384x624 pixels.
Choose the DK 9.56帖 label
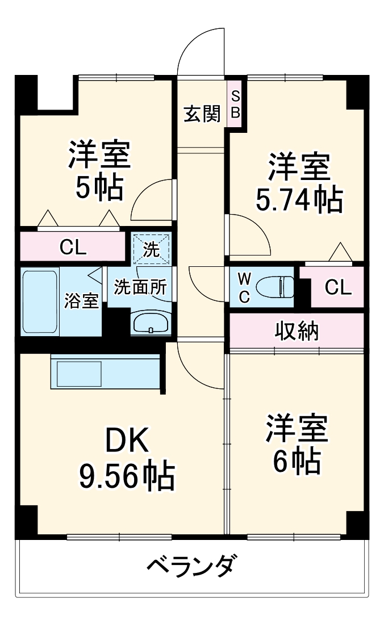(126, 460)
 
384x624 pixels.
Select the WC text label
(243, 288)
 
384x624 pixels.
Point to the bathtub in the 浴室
(40, 302)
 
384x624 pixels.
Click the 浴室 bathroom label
(81, 301)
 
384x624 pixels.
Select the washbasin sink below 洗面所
(150, 323)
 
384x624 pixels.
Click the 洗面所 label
(140, 287)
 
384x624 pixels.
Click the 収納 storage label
(297, 330)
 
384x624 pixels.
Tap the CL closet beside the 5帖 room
(73, 247)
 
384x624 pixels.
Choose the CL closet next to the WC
(338, 288)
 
